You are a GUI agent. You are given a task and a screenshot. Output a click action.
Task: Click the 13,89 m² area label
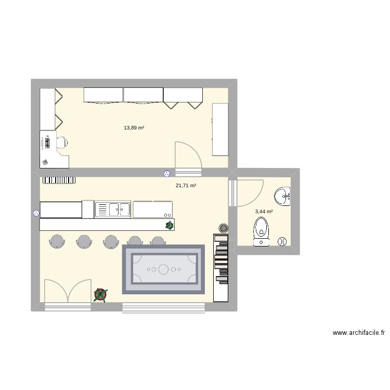tap(134, 127)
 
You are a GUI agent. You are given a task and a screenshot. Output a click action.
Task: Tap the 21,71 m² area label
tap(186, 185)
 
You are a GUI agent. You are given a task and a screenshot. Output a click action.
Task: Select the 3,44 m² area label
tap(264, 212)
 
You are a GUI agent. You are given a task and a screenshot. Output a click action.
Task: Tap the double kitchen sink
tap(113, 210)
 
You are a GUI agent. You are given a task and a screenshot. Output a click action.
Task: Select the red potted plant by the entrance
tap(100, 295)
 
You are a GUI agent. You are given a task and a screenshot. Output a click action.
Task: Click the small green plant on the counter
tap(169, 225)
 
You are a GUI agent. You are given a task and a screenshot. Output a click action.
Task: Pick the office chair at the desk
tap(60, 141)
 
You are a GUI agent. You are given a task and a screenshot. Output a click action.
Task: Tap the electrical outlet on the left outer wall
tap(36, 212)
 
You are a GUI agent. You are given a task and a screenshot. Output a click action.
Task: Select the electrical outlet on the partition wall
tap(166, 174)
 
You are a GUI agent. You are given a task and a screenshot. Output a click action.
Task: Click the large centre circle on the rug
tap(163, 269)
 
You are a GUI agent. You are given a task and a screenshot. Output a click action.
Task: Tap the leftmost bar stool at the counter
tap(57, 240)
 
